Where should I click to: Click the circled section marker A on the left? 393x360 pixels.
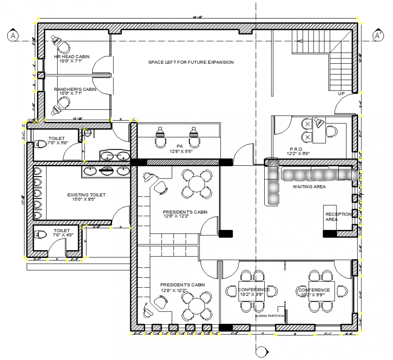point(14,35)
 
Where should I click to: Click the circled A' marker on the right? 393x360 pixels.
point(378,35)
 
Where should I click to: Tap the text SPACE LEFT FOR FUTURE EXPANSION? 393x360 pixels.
point(191,62)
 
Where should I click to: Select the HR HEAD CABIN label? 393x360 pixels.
point(71,56)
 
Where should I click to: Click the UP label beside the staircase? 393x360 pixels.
point(342,94)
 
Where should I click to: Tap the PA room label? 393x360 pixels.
point(179,146)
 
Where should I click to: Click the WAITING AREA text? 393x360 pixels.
point(309,186)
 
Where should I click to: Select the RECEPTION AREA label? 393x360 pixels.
point(338,217)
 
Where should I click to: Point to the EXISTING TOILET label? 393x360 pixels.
point(86,195)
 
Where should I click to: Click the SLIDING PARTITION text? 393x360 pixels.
point(270,316)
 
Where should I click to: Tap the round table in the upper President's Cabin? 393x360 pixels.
point(196,183)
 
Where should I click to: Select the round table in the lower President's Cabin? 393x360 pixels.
point(196,305)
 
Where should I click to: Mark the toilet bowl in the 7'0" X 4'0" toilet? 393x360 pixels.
point(41,235)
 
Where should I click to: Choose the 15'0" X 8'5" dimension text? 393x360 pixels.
point(86,200)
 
